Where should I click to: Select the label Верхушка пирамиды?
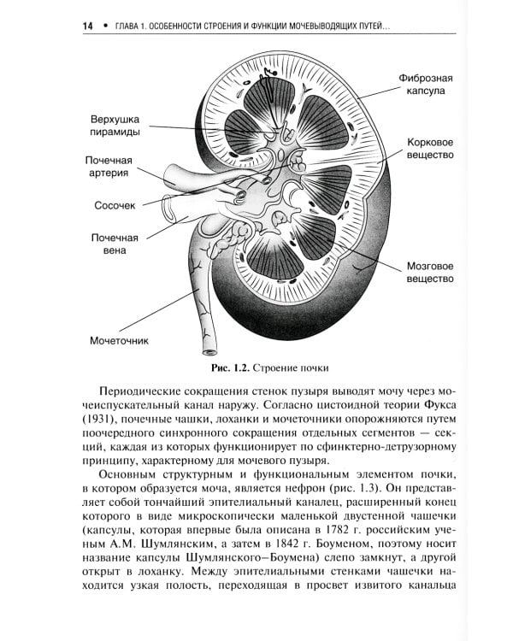pyautogui.click(x=119, y=126)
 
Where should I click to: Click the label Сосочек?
pyautogui.click(x=115, y=205)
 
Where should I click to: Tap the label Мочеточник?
pyautogui.click(x=120, y=340)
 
